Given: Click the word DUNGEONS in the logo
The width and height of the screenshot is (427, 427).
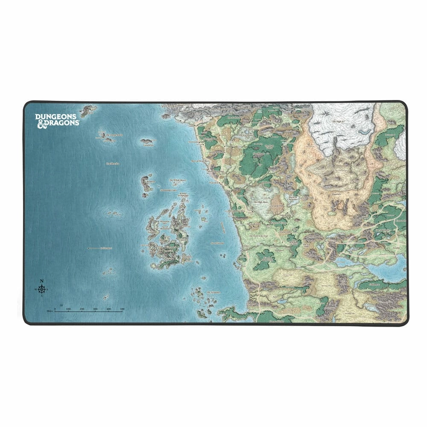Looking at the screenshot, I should (56, 116).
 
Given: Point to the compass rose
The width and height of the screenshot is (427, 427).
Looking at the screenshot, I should (42, 290).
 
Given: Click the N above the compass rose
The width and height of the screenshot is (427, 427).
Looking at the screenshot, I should (41, 281).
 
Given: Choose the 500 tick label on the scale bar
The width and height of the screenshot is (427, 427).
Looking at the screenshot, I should (122, 308).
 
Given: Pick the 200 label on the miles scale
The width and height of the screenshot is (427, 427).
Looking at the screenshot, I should (82, 308).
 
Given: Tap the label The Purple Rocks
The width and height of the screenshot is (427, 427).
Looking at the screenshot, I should (114, 135).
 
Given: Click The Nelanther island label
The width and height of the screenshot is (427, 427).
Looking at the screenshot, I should (213, 292).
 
